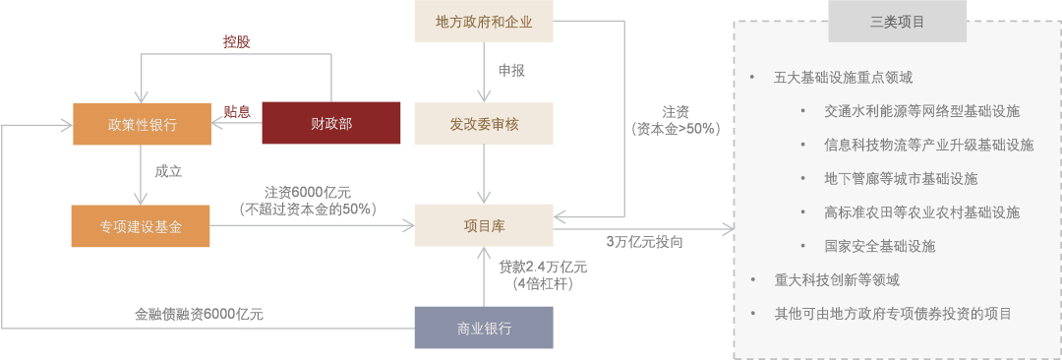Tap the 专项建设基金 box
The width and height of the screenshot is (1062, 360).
tap(140, 226)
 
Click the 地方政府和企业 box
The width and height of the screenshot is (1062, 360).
tap(484, 22)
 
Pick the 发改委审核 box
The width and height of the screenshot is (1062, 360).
tap(484, 124)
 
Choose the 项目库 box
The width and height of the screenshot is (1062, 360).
tap(484, 226)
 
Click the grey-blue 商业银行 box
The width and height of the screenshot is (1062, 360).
tap(484, 329)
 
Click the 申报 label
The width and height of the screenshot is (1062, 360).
tap(511, 71)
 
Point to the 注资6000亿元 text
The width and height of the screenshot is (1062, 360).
tap(307, 192)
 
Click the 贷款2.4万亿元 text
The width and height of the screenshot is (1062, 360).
tap(543, 267)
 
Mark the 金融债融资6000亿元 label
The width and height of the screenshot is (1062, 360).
tap(199, 315)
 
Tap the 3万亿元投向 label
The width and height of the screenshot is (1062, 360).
tap(644, 242)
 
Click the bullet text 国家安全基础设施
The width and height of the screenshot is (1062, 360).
tap(879, 246)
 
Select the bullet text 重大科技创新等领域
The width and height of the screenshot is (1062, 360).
tap(836, 279)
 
